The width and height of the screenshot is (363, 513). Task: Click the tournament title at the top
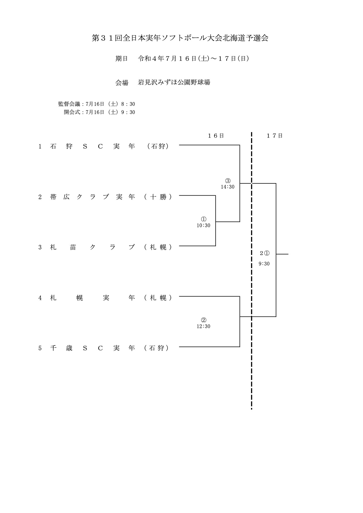pos(180,38)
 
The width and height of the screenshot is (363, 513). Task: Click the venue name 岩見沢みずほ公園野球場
pos(174,82)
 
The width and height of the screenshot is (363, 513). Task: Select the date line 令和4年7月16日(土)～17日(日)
pos(194,58)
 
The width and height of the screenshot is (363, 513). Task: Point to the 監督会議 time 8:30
pos(128,104)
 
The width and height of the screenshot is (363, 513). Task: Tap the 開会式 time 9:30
pos(128,112)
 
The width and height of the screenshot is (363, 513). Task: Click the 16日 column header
pos(216,136)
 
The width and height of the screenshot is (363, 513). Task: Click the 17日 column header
pos(275,136)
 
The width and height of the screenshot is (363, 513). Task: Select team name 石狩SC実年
pos(93,147)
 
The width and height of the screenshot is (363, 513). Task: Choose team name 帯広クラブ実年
pos(93,197)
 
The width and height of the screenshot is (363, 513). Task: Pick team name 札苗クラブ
pos(93,247)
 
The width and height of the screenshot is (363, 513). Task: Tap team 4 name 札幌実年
pos(93,298)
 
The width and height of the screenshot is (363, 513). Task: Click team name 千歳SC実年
pos(93,348)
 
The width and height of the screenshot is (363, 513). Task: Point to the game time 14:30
pos(228,187)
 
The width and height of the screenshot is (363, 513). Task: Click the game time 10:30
pos(203,225)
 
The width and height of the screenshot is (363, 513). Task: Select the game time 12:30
pos(203,326)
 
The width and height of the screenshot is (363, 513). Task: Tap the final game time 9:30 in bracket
pos(264,264)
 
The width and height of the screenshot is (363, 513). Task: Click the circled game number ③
pos(228,180)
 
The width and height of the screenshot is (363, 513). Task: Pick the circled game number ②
pos(203,320)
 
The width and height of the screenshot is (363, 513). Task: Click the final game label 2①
pos(265,253)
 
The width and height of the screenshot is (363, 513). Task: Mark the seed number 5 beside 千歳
pos(40,348)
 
